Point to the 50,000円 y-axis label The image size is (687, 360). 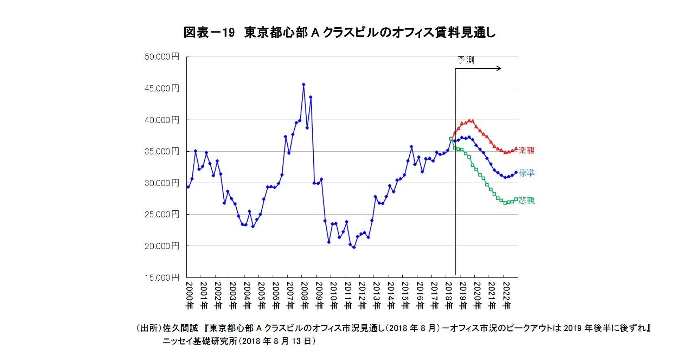pos(161,57)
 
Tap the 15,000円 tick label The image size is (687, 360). pos(161,277)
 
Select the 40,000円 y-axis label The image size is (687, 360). pos(161,120)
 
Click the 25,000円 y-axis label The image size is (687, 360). pos(161,214)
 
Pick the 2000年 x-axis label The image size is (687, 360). pos(190,295)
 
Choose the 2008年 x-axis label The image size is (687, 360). pos(304,295)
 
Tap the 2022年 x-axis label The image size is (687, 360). pos(506,295)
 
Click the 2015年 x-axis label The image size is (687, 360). pos(405,295)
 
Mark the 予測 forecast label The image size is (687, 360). pos(465,60)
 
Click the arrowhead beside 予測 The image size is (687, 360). pos(499,68)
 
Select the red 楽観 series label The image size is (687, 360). pos(526,150)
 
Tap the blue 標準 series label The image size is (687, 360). pos(526,173)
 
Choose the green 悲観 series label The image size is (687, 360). pos(526,200)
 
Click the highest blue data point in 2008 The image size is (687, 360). pos(303,85)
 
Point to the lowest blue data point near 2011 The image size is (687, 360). pos(354,247)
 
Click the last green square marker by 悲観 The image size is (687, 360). pos(516,199)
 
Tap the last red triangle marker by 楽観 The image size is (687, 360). pos(516,148)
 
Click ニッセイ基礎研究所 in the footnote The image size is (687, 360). pos(199,341)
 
